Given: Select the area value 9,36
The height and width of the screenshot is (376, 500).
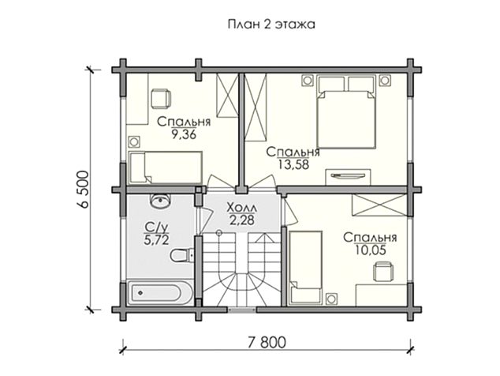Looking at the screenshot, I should click(182, 133).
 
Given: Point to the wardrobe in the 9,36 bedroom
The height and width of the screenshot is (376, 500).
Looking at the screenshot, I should click(226, 98).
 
